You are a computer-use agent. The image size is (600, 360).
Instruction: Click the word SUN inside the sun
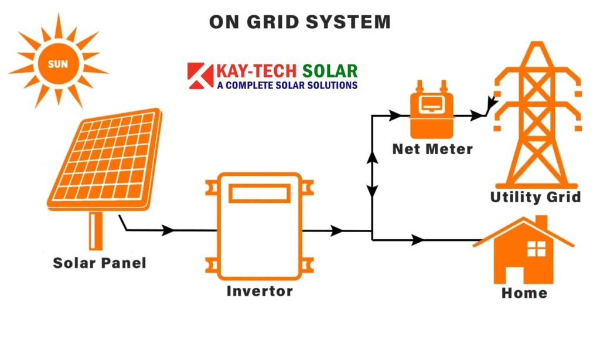(x=57, y=64)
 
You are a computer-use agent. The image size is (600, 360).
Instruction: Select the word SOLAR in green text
(x=330, y=72)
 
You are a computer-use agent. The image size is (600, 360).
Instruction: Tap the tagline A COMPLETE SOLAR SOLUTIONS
(x=287, y=86)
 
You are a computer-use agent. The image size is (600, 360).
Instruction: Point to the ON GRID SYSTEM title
(x=299, y=22)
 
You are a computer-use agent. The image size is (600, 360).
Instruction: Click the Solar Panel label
(x=100, y=263)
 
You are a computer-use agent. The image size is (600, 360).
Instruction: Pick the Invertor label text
(x=259, y=291)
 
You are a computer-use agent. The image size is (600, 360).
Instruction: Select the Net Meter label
(x=432, y=149)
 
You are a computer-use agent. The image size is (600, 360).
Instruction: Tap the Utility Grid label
(x=536, y=197)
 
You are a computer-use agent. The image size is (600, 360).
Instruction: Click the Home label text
(x=524, y=293)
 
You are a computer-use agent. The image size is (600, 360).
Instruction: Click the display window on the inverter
(x=259, y=193)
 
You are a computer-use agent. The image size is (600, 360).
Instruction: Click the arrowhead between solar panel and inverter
(x=168, y=230)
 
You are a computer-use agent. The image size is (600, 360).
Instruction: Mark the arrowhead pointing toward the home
(x=418, y=240)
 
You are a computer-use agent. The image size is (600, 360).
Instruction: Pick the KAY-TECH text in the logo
(x=258, y=72)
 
